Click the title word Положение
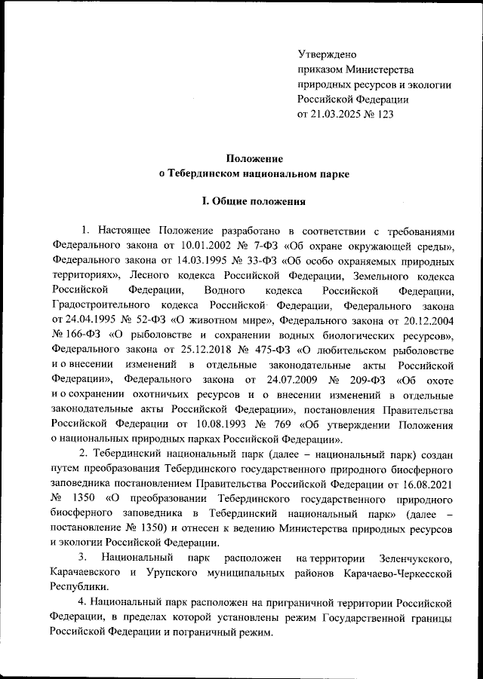(x=255, y=158)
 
